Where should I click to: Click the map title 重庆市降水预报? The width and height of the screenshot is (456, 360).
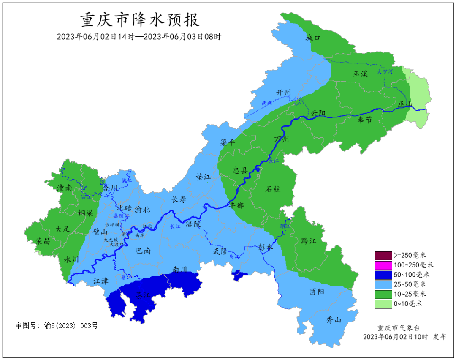(140, 20)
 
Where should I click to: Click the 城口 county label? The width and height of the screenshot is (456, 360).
(313, 38)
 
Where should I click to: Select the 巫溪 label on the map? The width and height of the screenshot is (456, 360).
(361, 74)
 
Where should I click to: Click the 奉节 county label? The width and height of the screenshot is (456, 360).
(365, 120)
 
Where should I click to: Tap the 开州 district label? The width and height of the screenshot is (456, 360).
(283, 93)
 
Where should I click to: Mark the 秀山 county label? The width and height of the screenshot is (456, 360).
(334, 320)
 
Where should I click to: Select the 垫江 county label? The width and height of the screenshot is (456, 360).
(203, 177)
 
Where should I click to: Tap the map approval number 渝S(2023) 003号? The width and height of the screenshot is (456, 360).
(57, 326)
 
